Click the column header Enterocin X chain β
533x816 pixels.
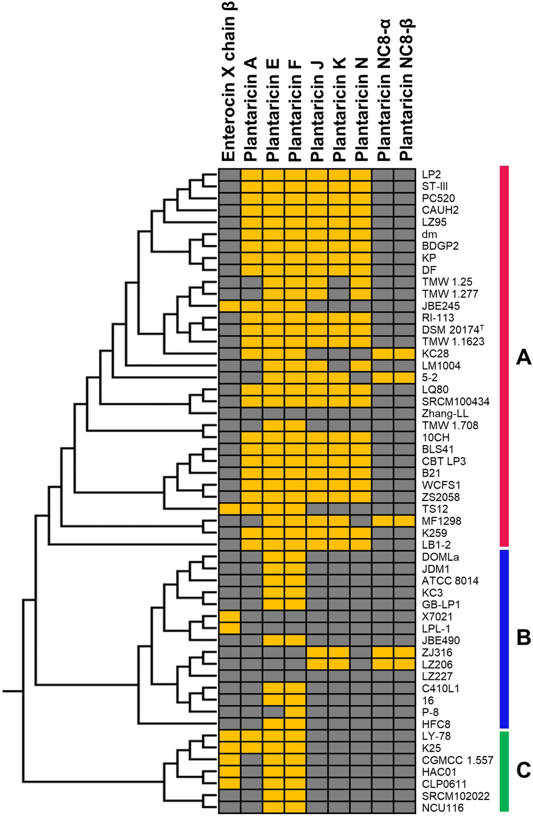coord(229,83)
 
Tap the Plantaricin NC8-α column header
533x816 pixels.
coord(383,91)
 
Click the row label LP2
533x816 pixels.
coord(431,174)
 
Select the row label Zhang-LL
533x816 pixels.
coord(445,414)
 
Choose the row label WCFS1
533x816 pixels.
coord(441,485)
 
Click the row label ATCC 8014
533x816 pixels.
coord(450,581)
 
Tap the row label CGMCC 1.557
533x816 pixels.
coord(457,760)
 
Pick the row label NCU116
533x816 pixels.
coord(442,808)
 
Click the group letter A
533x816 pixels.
coord(523,358)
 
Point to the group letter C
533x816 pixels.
coord(523,770)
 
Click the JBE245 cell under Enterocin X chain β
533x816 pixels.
coord(230,306)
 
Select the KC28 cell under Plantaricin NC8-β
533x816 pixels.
coord(405,354)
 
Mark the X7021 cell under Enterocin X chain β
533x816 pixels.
coord(230,617)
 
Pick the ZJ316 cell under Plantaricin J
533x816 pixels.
coord(317,653)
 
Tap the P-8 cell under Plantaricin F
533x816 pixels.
coord(295,712)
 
